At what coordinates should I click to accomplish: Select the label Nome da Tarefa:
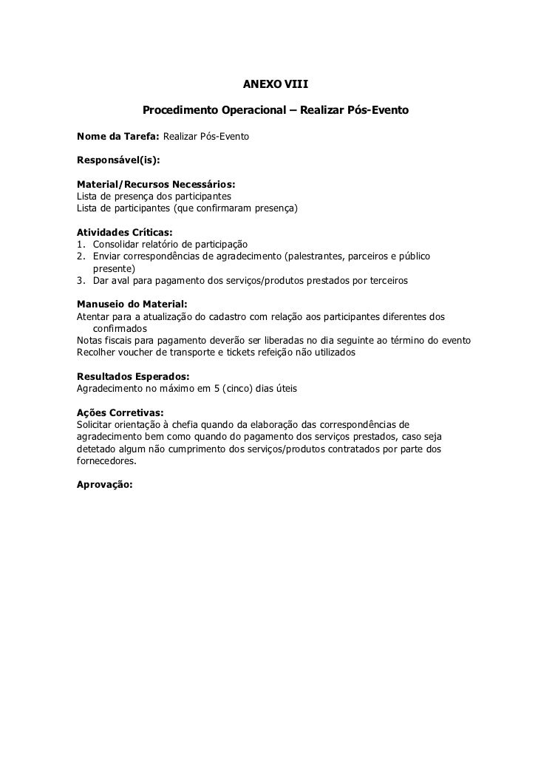[x=118, y=137]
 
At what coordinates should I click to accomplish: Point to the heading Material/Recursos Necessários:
[x=156, y=183]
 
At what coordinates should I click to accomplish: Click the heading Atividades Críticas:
[x=124, y=232]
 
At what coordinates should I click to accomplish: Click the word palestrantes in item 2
[x=320, y=256]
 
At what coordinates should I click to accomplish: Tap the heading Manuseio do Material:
[x=132, y=305]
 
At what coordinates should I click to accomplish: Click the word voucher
[x=141, y=353]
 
